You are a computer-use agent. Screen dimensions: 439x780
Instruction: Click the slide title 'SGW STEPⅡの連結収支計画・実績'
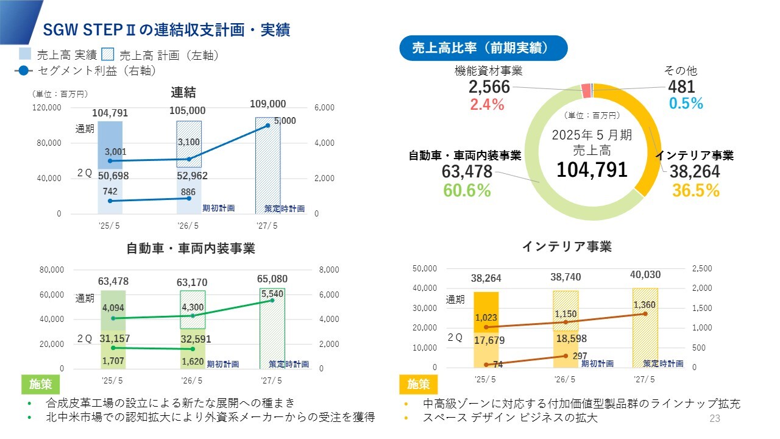click(166, 30)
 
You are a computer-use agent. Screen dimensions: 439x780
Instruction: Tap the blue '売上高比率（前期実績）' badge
click(483, 48)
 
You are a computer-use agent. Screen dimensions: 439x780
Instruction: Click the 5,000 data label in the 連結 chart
click(285, 121)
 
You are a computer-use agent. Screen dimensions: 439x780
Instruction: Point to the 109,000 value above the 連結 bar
click(268, 104)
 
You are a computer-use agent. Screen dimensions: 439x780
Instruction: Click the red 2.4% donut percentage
click(487, 104)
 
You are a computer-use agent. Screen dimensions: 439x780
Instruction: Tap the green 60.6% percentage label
click(467, 190)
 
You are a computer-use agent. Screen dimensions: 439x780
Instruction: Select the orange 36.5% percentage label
click(696, 190)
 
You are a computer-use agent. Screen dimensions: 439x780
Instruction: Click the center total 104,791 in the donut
click(592, 170)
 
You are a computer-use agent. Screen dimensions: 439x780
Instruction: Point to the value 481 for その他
click(681, 87)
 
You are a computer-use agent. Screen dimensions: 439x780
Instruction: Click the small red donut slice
click(586, 91)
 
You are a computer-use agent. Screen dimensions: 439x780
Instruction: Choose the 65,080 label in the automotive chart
click(272, 279)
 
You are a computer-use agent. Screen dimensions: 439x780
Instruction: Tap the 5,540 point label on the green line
click(272, 293)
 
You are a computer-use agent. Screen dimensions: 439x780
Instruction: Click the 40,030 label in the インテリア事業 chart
click(645, 275)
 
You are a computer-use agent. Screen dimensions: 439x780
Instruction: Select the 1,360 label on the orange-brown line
click(644, 305)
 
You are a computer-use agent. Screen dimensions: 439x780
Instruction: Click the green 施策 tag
click(41, 384)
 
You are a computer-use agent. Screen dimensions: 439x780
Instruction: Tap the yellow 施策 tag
click(418, 384)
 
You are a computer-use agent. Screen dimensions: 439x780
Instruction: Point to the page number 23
click(715, 418)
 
